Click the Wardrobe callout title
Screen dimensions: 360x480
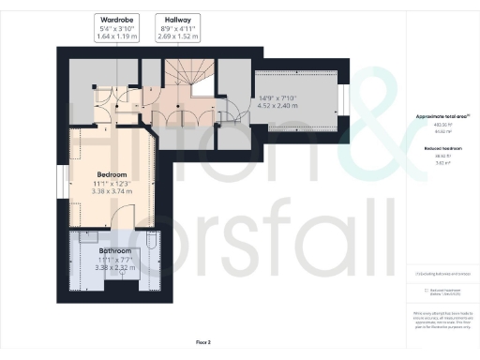[113, 19]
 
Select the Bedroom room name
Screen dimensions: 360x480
[112, 174]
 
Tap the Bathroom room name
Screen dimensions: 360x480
[116, 250]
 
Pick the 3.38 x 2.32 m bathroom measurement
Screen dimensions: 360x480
[116, 266]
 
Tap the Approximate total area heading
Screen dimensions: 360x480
[441, 116]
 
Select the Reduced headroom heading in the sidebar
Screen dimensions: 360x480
[441, 147]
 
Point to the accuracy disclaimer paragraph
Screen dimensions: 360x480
[441, 319]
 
